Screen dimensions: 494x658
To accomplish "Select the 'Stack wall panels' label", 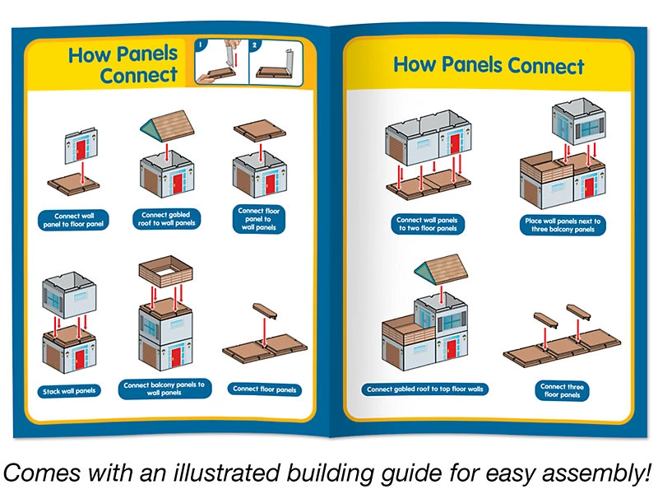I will coord(69,390).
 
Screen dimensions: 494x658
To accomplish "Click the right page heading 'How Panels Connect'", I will coord(489,65).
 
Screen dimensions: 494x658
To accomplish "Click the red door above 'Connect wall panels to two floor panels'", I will coord(455,142).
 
